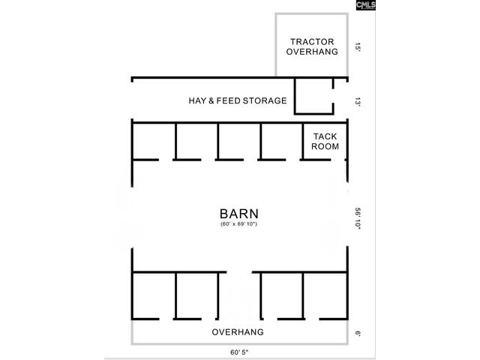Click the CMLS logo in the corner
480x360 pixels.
click(x=365, y=5)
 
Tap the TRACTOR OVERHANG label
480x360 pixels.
click(x=312, y=46)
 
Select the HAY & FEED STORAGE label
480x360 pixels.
click(x=238, y=100)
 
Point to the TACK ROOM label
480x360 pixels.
click(x=325, y=141)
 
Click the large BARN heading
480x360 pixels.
click(x=239, y=214)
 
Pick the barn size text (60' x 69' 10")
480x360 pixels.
click(x=238, y=223)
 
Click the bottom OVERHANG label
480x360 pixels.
click(x=238, y=331)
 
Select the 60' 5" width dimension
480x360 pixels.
click(x=239, y=352)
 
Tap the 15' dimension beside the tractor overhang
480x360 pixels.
click(x=358, y=47)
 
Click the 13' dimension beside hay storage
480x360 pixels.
click(x=358, y=102)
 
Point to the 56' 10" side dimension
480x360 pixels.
click(x=358, y=218)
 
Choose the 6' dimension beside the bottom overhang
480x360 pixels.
click(x=358, y=333)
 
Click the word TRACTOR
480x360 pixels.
click(x=312, y=42)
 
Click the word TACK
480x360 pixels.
click(x=325, y=136)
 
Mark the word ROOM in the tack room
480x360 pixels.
click(x=325, y=146)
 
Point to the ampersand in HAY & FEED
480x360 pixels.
click(x=211, y=100)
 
